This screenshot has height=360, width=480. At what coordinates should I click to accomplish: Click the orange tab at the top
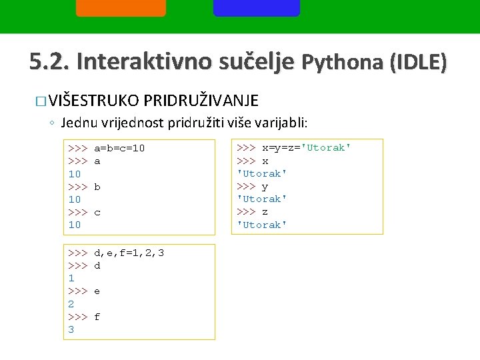coord(121,7)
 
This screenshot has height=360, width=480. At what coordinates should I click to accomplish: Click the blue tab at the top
coord(257,7)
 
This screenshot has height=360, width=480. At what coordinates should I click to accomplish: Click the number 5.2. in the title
coord(49,62)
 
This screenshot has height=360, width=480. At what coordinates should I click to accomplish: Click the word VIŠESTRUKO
coord(93,101)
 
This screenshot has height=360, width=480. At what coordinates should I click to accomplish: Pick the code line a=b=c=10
coord(119,148)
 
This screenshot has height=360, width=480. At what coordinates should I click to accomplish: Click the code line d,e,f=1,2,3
coord(129,253)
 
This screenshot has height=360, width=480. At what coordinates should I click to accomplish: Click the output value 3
coord(71,330)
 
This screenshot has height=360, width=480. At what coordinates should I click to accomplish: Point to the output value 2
coord(71,304)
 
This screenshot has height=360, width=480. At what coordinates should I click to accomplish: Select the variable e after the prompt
coord(97,291)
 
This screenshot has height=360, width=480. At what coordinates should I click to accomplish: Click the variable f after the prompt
coord(97,317)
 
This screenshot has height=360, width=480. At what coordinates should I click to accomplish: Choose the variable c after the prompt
coord(97,212)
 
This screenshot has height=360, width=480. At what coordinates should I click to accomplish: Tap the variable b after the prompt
coord(97,187)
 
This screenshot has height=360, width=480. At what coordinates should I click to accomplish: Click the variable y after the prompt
coord(265,186)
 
